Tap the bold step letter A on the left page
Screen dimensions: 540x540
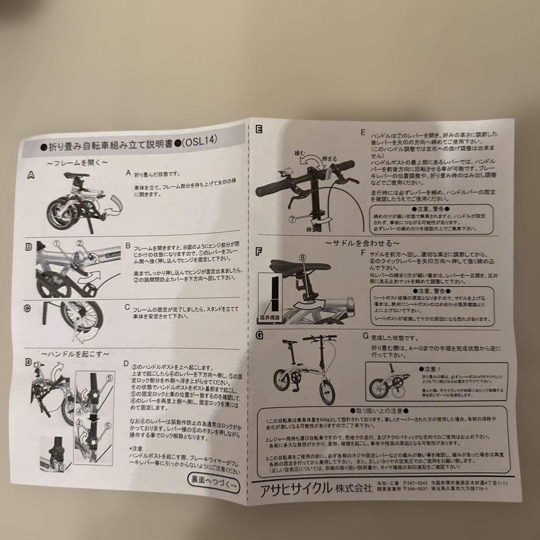31,175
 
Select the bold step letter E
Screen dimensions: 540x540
258,129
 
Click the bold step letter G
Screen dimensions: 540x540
259,335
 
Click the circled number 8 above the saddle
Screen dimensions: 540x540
302,257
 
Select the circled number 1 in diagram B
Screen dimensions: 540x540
56,243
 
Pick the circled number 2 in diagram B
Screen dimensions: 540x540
79,242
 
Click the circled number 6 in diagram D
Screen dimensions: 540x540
62,467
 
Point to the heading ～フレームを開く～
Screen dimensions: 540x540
77,162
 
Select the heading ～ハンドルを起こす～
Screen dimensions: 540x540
77,353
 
